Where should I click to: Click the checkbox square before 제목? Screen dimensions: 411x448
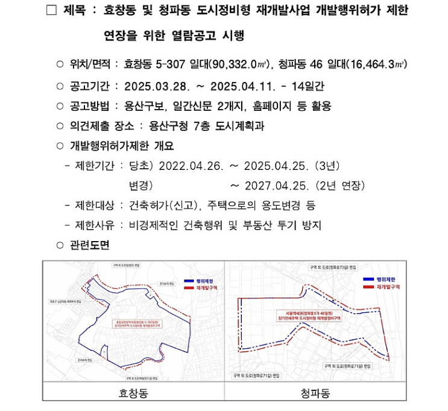coord(51,11)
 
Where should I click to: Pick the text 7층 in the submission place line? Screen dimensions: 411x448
coord(197,127)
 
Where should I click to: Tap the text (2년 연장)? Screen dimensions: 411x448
coord(336,185)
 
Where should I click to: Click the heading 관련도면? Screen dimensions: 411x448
coord(90,245)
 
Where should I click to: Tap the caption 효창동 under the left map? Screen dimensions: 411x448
coord(133,394)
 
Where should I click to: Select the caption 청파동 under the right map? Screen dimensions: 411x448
coord(315,394)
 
